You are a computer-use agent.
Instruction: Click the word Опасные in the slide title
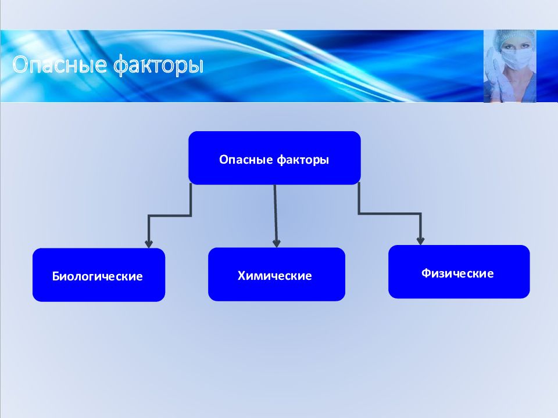[x=59, y=64]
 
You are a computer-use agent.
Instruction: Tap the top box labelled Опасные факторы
[x=274, y=158]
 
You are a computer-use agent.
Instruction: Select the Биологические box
[x=99, y=275]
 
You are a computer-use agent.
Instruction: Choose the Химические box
[x=277, y=274]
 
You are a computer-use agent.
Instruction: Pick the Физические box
[x=459, y=272]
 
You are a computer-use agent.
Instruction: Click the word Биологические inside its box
[x=97, y=276]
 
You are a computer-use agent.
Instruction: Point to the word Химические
[x=274, y=275]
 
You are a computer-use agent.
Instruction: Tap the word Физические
[x=457, y=273]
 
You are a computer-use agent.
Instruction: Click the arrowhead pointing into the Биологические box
[x=149, y=244]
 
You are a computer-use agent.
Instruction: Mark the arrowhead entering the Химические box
[x=277, y=243]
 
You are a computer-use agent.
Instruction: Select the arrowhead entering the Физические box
[x=420, y=240]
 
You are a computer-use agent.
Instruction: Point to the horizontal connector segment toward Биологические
[x=170, y=215]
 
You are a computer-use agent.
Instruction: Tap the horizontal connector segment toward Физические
[x=389, y=214]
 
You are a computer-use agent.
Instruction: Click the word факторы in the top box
[x=303, y=160]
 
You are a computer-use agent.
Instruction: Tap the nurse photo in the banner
[x=510, y=66]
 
